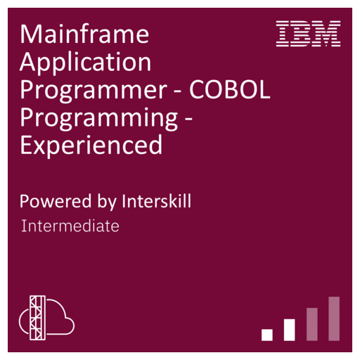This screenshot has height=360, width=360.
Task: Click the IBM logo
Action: [308, 34]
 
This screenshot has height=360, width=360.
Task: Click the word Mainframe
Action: [84, 34]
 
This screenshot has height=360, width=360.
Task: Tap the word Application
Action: [86, 63]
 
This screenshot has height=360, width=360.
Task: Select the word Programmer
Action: [94, 91]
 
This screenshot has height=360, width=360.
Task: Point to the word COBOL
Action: [230, 89]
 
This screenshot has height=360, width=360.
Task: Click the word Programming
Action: [99, 118]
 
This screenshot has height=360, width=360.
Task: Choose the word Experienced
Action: [91, 145]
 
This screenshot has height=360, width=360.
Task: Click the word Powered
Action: [56, 201]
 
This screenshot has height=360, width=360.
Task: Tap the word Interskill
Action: [157, 201]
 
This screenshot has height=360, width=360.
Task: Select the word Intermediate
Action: [70, 226]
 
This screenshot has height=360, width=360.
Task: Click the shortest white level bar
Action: [267, 335]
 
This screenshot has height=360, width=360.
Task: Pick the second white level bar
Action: [289, 330]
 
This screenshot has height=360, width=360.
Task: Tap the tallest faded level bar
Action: [334, 319]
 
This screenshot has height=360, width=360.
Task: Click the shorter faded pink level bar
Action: [312, 324]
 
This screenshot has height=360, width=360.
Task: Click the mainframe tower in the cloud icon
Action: [37, 318]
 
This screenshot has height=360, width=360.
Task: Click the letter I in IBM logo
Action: [282, 34]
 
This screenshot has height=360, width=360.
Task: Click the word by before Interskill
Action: [107, 202]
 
